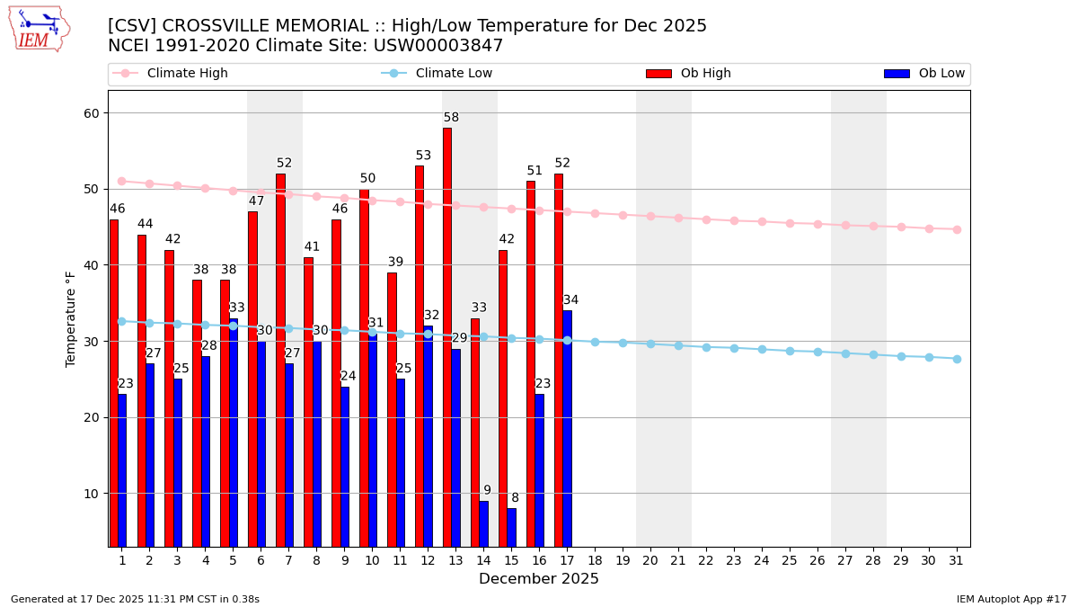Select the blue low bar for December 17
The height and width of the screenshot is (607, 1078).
tap(567, 428)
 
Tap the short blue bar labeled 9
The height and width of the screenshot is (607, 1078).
tap(483, 523)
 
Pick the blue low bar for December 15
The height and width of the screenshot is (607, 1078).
tap(511, 527)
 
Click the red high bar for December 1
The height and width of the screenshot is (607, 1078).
tap(114, 383)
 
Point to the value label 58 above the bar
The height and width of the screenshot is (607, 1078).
tap(451, 118)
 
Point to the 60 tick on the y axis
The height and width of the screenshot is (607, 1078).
tap(93, 113)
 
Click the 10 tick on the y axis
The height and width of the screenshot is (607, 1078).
tap(93, 494)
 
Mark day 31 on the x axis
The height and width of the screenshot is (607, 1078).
tap(957, 559)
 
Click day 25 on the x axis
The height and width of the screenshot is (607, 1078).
tap(790, 559)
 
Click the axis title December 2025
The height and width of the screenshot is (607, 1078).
tap(539, 579)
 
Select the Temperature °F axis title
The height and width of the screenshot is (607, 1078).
tap(72, 318)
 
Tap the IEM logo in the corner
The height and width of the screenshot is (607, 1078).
tap(39, 29)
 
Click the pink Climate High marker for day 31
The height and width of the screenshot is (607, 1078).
tap(957, 229)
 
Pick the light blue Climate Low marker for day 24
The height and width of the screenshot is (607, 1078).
tap(762, 349)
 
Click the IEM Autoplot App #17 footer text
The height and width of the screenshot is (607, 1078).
tap(1012, 599)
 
